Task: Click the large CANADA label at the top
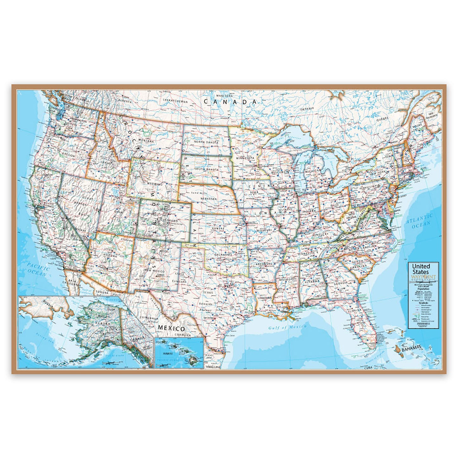(x=230, y=102)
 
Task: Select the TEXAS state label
(x=208, y=293)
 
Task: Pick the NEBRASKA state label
(x=208, y=198)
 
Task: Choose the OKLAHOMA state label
(x=223, y=255)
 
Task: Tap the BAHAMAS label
(x=411, y=349)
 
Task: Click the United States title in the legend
(x=421, y=269)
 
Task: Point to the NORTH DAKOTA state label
(x=206, y=142)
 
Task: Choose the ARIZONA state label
(x=110, y=255)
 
